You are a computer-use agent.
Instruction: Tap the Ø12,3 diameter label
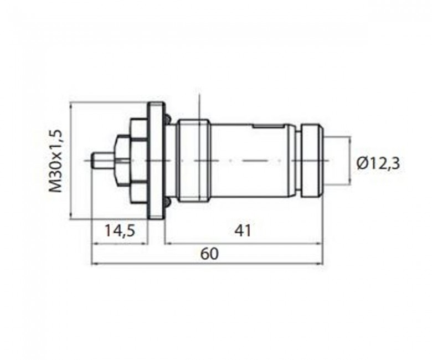[378, 164]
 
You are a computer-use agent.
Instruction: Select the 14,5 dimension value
[120, 230]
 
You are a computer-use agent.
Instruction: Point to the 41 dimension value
[243, 230]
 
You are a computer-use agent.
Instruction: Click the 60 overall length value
[209, 254]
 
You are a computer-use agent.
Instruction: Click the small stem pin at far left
[103, 160]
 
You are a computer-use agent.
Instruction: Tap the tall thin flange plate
[156, 161]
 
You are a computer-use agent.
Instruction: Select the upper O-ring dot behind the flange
[167, 119]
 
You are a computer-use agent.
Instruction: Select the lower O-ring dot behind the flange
[167, 203]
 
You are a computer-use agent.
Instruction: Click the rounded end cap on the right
[313, 161]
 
